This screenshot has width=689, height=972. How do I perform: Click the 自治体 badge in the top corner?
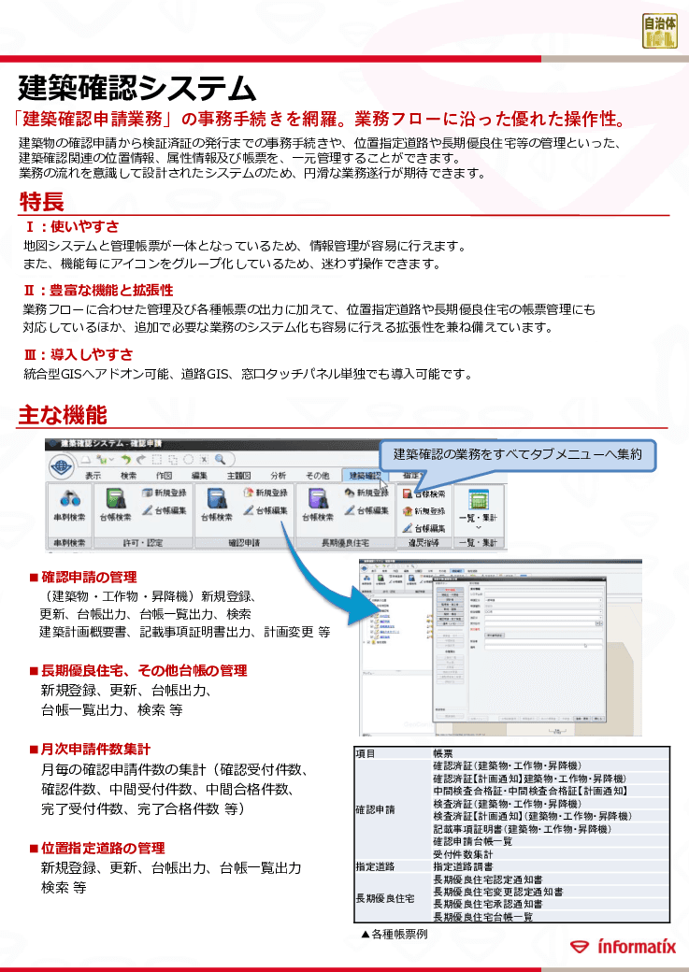coord(660,30)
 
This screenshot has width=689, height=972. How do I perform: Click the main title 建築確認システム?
coord(136,89)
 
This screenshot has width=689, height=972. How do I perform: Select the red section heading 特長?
coord(41,201)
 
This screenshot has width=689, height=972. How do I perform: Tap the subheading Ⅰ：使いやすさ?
coord(71,226)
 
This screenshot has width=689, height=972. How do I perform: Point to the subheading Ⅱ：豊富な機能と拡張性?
coord(98,291)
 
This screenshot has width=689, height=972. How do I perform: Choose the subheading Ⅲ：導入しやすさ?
coord(78,354)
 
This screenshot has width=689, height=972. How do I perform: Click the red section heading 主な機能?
coord(62,415)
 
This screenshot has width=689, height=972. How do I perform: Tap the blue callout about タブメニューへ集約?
coord(517,454)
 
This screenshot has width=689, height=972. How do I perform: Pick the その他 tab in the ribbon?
coord(317,475)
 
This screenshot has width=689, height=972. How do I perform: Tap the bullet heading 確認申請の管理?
coord(89,577)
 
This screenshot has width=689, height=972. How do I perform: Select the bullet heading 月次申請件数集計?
coord(95,749)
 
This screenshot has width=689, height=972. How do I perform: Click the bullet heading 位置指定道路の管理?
coord(102,848)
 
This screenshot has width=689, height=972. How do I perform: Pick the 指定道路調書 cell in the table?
coord(469,866)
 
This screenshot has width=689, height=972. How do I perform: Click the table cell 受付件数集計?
coord(464,853)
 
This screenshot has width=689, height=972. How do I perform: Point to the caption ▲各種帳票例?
coord(394,933)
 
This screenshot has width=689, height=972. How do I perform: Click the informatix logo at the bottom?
coord(624,947)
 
